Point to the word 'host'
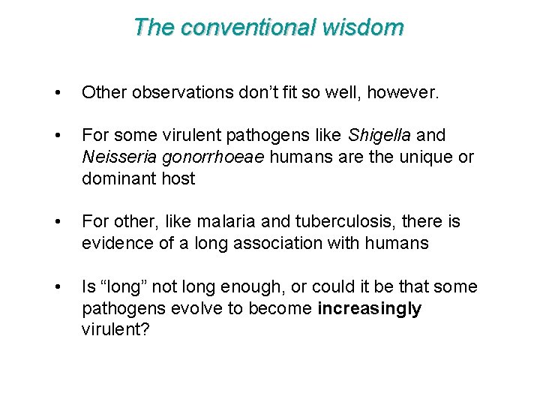coord(178,179)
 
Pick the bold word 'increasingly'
coord(369,309)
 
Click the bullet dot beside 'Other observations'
coord(58,93)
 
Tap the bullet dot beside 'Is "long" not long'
coord(58,287)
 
